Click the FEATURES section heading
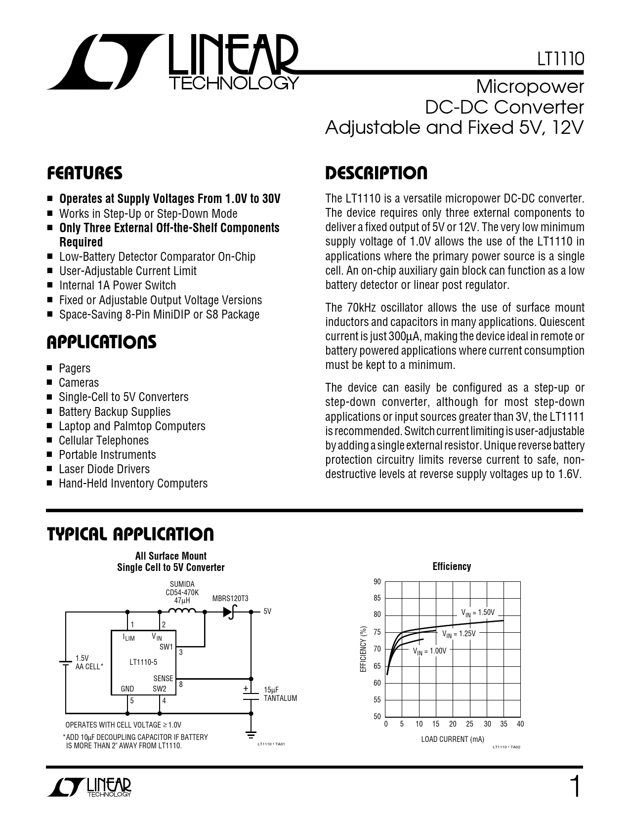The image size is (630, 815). (x=84, y=173)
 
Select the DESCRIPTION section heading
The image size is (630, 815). (x=376, y=173)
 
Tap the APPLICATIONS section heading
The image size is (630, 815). (x=101, y=342)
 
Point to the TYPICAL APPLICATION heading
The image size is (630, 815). (x=130, y=534)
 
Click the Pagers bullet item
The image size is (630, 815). (x=75, y=368)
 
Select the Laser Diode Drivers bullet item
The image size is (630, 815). (x=104, y=469)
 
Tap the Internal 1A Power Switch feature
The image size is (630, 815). (x=117, y=285)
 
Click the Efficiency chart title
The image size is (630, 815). (x=452, y=567)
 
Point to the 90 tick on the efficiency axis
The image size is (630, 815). (x=378, y=582)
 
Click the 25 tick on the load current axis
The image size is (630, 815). (x=469, y=724)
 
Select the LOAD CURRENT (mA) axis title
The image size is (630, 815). (x=452, y=739)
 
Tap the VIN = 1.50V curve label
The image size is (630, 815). (x=478, y=612)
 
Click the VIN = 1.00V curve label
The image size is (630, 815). (x=429, y=651)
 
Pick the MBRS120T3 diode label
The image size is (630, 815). (x=230, y=599)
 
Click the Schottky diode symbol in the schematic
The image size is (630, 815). (x=228, y=611)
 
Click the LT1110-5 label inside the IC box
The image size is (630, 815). (x=143, y=662)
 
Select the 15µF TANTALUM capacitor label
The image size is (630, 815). (x=280, y=694)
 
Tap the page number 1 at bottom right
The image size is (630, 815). (x=574, y=786)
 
